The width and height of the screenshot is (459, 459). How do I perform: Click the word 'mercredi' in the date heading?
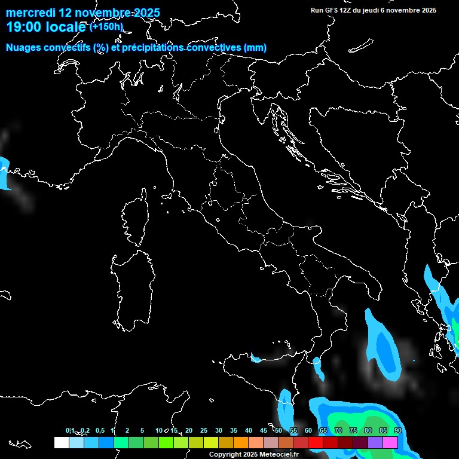click(x=29, y=13)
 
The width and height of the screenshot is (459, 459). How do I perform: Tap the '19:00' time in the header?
click(x=22, y=27)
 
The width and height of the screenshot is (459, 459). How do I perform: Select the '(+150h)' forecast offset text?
click(x=106, y=26)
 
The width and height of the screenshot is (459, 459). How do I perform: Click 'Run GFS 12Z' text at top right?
click(x=332, y=10)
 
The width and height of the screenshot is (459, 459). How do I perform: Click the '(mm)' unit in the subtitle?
click(x=255, y=48)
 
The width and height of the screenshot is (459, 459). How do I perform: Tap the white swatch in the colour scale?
click(x=61, y=442)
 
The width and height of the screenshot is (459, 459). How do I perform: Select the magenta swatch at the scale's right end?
click(x=390, y=442)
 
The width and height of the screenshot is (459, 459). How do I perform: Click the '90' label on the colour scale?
click(x=397, y=430)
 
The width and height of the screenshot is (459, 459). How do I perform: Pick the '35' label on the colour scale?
click(x=234, y=430)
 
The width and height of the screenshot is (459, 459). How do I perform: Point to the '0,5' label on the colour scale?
click(x=99, y=430)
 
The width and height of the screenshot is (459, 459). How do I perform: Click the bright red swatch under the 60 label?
click(x=315, y=442)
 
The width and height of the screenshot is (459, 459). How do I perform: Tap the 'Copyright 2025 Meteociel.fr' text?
click(x=253, y=454)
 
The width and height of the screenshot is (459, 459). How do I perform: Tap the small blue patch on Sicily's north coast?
click(x=256, y=359)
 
